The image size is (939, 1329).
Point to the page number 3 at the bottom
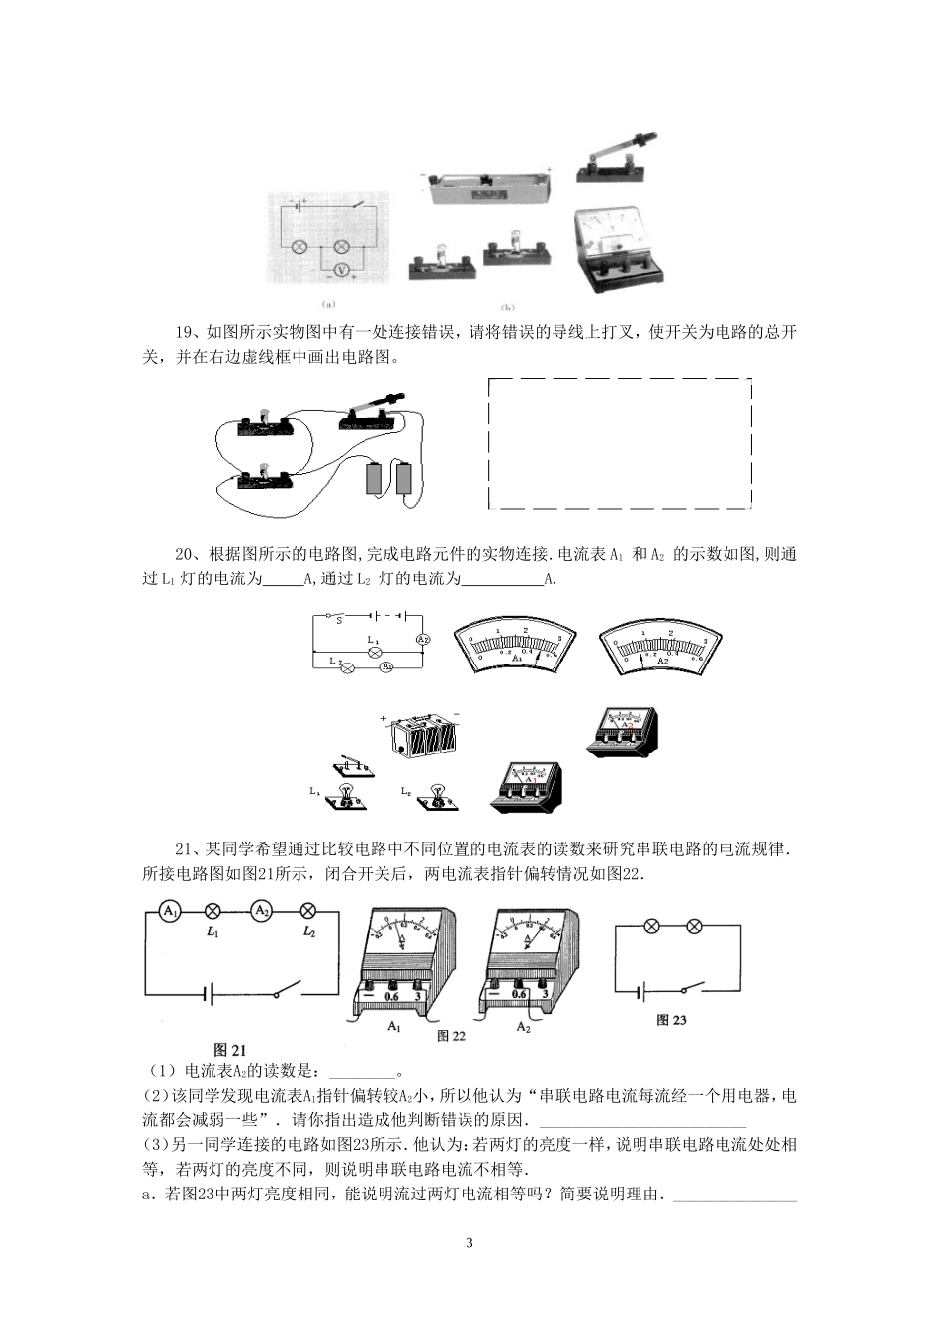pos(469,1243)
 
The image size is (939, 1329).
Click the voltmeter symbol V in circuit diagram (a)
pos(342,270)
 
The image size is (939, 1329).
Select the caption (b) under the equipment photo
pos(509,307)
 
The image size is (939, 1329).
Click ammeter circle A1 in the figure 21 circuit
pos(170,911)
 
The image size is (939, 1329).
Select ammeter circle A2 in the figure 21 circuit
pos(261,911)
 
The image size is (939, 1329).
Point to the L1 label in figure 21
pos(212,932)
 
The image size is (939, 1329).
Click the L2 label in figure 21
pos(308,932)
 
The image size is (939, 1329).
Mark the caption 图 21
pos(229,1050)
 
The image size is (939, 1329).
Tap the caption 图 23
pos(671,1020)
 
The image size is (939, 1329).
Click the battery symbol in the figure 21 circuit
pos(210,993)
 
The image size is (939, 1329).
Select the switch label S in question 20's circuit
pos(338,621)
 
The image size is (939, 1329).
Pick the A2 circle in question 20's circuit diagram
pos(422,639)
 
